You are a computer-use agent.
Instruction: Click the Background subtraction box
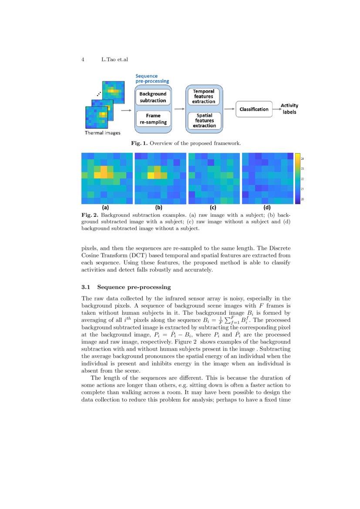pyautogui.click(x=153, y=97)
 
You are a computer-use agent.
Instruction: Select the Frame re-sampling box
pyautogui.click(x=153, y=119)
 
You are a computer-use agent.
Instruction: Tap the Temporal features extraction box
pyautogui.click(x=204, y=97)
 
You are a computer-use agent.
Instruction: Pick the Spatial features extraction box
pyautogui.click(x=204, y=121)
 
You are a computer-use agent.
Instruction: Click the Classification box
pyautogui.click(x=254, y=109)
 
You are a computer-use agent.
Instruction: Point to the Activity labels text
pyautogui.click(x=289, y=108)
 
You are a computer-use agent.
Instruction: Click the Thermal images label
pyautogui.click(x=102, y=132)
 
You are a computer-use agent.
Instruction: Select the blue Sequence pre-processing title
pyautogui.click(x=152, y=78)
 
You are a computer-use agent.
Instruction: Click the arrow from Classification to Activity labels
pyautogui.click(x=276, y=109)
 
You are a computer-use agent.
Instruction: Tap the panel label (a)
pyautogui.click(x=105, y=207)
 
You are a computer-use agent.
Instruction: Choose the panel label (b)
pyautogui.click(x=158, y=207)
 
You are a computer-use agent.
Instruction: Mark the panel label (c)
pyautogui.click(x=213, y=207)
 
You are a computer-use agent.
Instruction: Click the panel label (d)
pyautogui.click(x=267, y=207)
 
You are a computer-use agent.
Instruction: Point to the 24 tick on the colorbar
pyautogui.click(x=303, y=158)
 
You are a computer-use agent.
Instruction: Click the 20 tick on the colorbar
pyautogui.click(x=303, y=199)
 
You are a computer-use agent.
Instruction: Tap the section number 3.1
pyautogui.click(x=85, y=287)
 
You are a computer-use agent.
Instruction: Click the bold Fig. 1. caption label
pyautogui.click(x=140, y=143)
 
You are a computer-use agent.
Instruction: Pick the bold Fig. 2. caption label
pyautogui.click(x=90, y=215)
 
